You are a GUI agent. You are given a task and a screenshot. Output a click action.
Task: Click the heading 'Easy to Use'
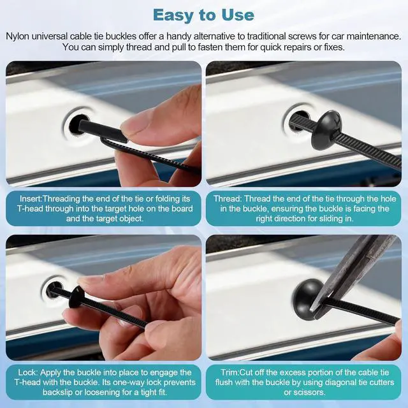(203, 15)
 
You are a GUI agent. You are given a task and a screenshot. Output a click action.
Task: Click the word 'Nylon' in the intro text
(17, 36)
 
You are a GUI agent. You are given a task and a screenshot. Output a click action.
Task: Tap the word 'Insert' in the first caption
(31, 199)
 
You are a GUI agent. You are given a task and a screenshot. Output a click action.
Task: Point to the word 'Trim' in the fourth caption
(229, 372)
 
